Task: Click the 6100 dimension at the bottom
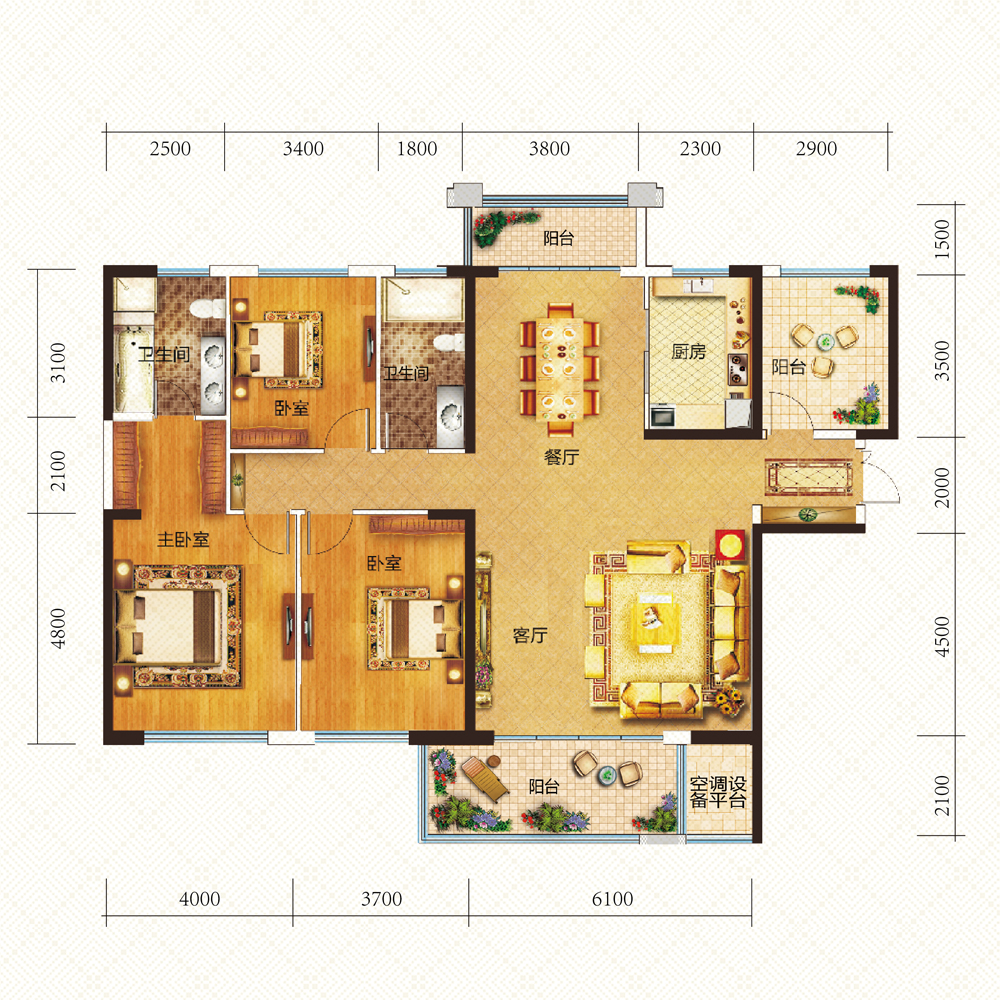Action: (612, 899)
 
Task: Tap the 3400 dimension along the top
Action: (303, 149)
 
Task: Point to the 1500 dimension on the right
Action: (942, 239)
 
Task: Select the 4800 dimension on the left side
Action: (58, 628)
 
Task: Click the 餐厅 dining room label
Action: (561, 457)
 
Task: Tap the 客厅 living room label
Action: (530, 635)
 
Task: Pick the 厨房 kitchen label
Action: (689, 351)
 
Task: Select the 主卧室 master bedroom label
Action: (183, 540)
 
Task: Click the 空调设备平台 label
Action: (717, 792)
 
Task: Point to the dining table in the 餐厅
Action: (560, 369)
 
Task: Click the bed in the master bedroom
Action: (168, 628)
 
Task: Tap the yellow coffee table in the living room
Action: (656, 621)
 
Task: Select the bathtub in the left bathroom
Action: (134, 369)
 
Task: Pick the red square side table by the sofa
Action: (730, 545)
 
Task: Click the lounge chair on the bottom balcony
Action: (485, 777)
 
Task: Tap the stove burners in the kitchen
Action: (737, 369)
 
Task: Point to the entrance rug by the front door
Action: (809, 477)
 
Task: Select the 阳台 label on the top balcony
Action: (559, 239)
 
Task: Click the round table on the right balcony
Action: (825, 342)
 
